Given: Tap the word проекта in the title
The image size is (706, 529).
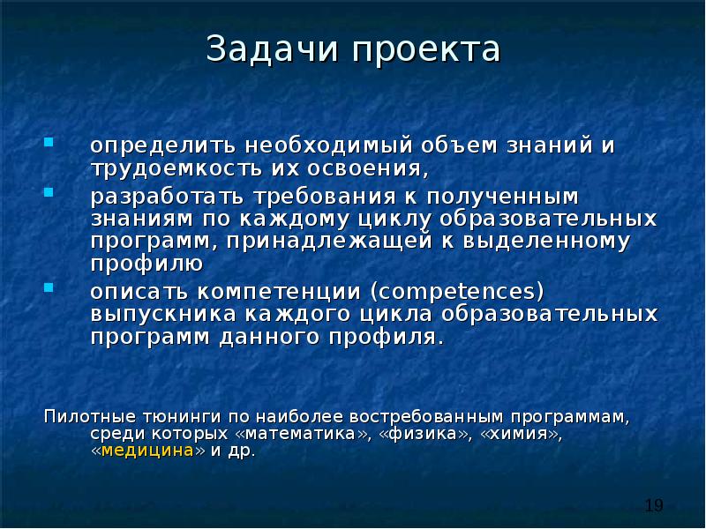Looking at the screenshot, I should tap(427, 49).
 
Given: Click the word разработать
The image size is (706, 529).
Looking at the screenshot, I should tap(164, 194).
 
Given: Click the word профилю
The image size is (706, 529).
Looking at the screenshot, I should tap(148, 264).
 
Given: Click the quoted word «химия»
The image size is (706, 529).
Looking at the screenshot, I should tap(521, 434).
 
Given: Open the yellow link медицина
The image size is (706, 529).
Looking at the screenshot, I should tap(148, 451).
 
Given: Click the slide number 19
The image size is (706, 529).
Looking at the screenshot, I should tap(653, 505).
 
